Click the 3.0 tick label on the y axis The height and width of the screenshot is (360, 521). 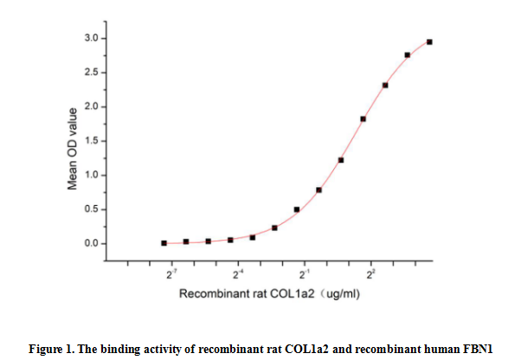90,39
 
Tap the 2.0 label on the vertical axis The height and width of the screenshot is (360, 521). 90,107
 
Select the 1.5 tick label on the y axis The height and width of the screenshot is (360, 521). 90,141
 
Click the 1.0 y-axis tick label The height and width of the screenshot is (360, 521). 90,176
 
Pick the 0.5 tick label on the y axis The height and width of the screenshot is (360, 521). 90,209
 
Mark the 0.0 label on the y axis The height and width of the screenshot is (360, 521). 90,244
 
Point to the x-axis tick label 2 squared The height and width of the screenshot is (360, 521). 370,274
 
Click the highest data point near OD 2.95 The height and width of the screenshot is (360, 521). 429,42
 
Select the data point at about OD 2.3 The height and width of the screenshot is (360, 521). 385,85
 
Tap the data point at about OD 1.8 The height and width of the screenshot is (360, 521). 363,119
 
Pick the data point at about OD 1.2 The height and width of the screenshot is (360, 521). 341,160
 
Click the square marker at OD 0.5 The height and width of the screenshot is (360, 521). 297,209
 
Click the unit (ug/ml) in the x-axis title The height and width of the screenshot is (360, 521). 339,294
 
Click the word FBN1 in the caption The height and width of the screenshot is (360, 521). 478,349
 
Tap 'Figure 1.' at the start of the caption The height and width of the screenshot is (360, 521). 51,349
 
